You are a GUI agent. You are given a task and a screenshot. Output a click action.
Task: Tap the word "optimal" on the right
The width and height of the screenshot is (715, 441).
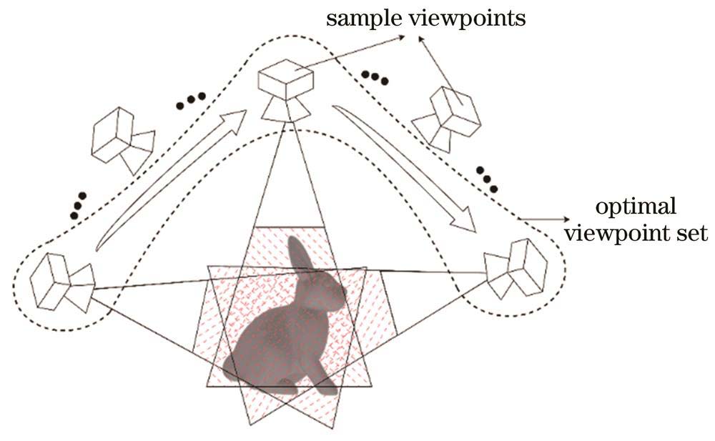(x=636, y=208)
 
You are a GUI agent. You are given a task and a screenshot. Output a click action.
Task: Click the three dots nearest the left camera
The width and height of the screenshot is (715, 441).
(x=78, y=204)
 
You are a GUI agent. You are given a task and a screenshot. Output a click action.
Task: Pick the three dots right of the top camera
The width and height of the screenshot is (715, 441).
(x=375, y=78)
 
